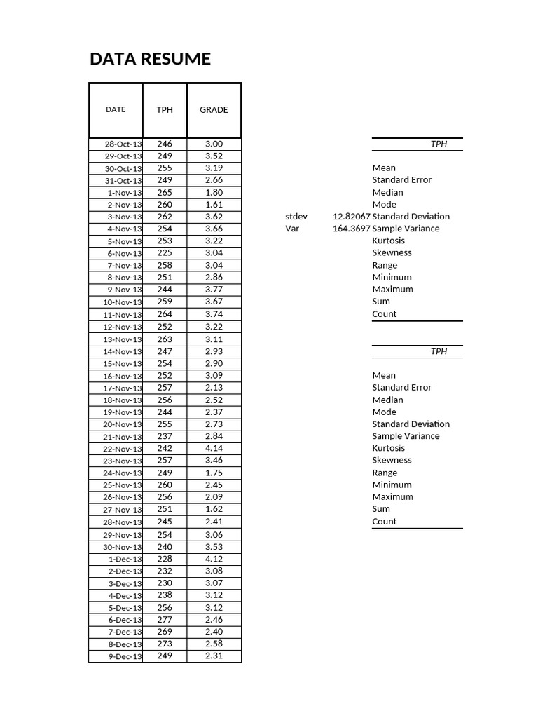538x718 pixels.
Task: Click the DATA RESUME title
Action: [x=150, y=59]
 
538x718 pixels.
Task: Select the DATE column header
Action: [x=116, y=109]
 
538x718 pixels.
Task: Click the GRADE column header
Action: [x=214, y=110]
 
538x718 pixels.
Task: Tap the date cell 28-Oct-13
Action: [x=123, y=144]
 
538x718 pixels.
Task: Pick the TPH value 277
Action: [x=165, y=619]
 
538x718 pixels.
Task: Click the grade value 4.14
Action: [x=214, y=448]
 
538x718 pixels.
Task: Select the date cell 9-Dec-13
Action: [x=125, y=656]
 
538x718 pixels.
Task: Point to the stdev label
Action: [x=296, y=217]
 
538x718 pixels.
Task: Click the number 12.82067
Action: [x=351, y=217]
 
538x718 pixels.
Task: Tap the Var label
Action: [x=292, y=229]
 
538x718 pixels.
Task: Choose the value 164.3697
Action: [x=351, y=229]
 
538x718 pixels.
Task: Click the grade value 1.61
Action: [x=214, y=204]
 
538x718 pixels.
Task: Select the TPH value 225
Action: [x=165, y=253]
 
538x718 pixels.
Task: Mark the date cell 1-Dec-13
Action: [x=125, y=559]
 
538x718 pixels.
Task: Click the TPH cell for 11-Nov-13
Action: [x=165, y=314]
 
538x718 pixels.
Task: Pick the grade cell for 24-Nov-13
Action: [x=214, y=473]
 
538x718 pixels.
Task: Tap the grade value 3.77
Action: [x=214, y=290]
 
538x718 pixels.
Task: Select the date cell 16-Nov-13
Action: [x=123, y=376]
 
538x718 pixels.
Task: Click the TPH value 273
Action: [x=165, y=644]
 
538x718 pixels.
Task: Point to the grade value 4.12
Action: [x=214, y=559]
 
